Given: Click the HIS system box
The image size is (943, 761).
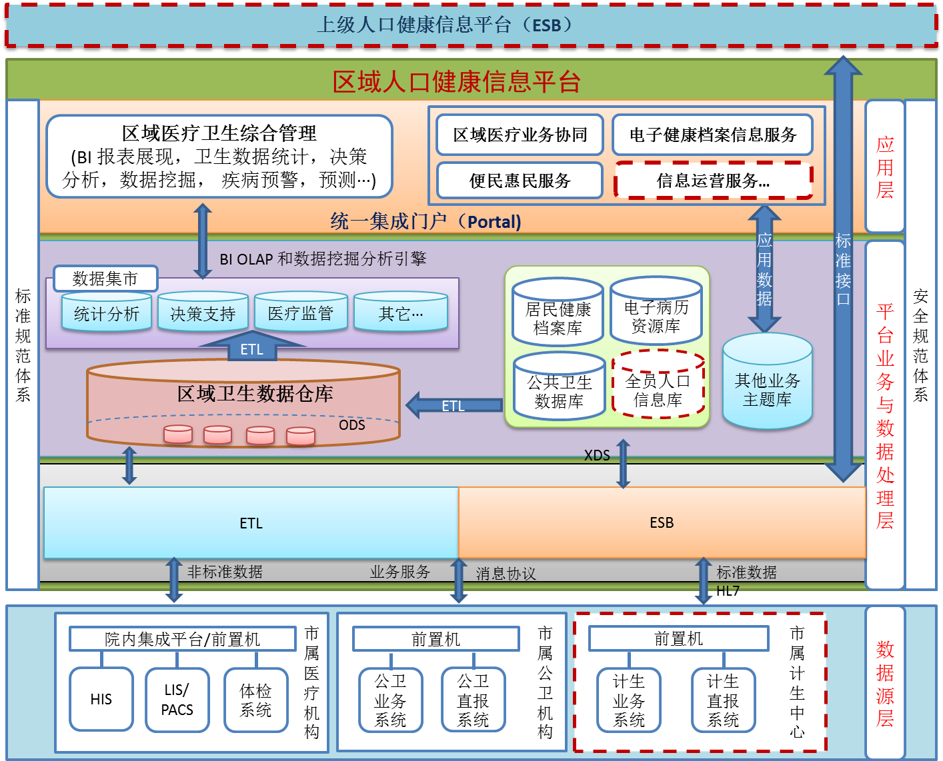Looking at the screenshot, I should click(x=101, y=699).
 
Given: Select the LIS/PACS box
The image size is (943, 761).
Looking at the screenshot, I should click(x=177, y=700).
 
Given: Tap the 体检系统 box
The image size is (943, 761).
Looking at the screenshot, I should click(x=256, y=700).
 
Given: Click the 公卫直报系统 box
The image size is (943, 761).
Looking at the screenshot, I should click(x=474, y=700).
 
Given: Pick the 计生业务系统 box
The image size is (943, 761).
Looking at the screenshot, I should click(x=629, y=700).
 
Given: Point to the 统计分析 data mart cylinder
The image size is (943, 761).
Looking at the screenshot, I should click(x=107, y=313).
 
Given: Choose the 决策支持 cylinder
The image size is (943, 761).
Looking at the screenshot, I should click(x=203, y=313).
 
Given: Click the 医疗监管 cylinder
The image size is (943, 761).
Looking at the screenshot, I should click(x=301, y=313).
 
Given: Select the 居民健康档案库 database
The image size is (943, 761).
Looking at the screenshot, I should click(x=558, y=315).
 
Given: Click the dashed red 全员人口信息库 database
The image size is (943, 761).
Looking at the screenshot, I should click(x=658, y=387).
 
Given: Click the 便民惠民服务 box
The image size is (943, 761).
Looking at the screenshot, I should click(x=520, y=181).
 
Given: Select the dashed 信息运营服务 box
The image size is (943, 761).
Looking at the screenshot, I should click(x=713, y=181).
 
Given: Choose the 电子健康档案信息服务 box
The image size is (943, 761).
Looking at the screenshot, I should click(x=713, y=135).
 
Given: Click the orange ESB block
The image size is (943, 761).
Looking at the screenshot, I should click(x=662, y=522).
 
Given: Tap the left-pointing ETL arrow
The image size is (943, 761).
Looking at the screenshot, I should click(x=453, y=405).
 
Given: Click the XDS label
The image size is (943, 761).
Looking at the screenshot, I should click(x=597, y=455).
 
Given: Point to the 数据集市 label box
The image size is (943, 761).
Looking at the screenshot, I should click(x=105, y=279).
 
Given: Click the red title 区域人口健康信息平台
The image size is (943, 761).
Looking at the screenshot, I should click(x=457, y=82).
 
